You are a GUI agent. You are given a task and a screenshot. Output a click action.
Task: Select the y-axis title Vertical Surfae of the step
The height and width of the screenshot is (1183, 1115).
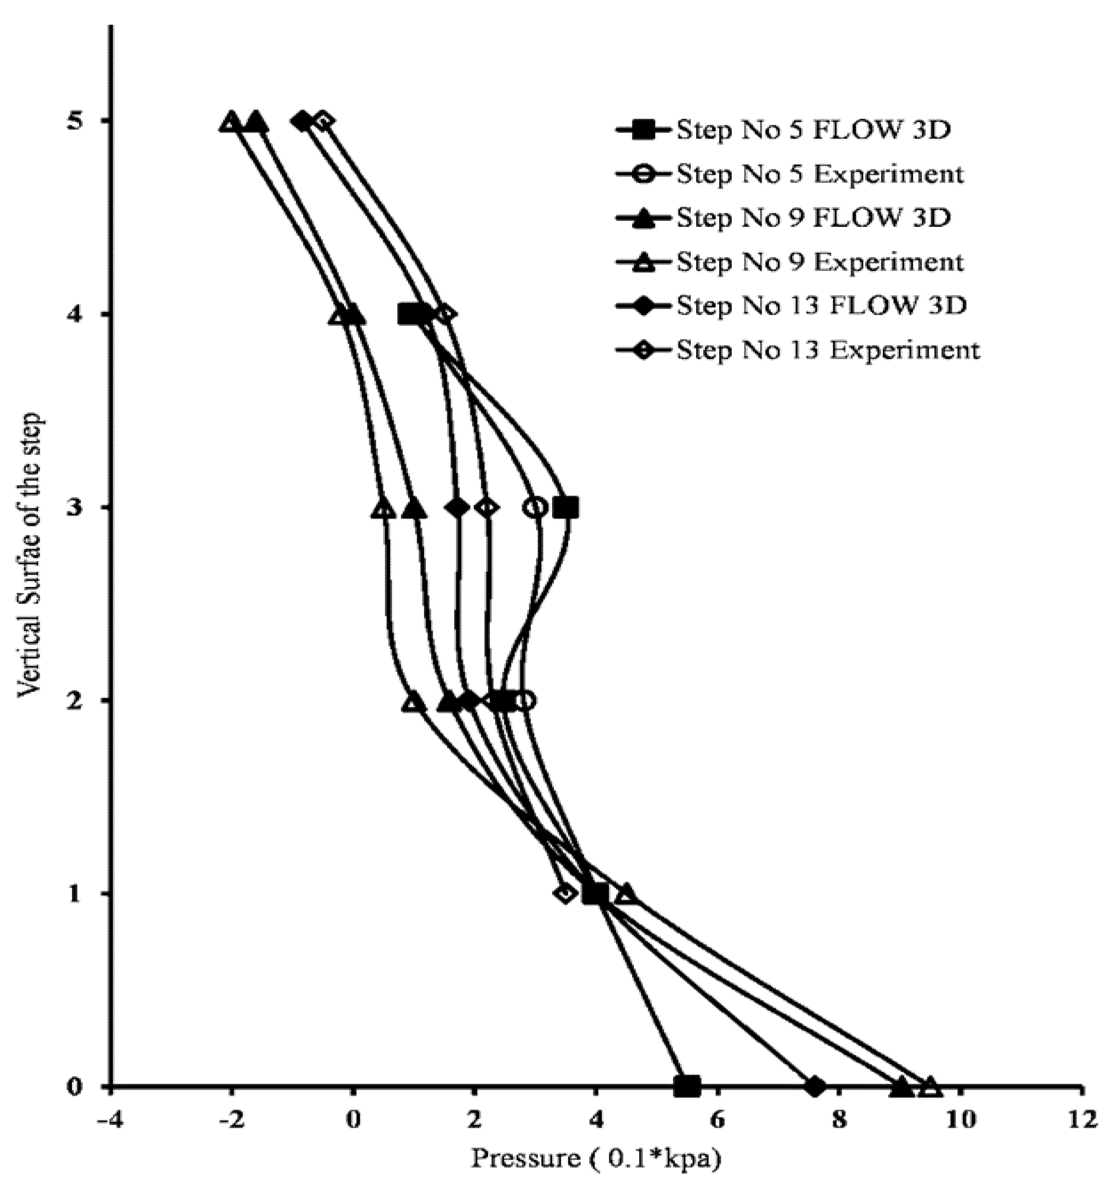pyautogui.click(x=30, y=554)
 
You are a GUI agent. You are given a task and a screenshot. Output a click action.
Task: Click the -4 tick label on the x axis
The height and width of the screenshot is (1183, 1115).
pyautogui.click(x=110, y=1120)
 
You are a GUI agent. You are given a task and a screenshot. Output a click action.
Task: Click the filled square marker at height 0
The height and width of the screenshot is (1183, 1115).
pyautogui.click(x=687, y=1087)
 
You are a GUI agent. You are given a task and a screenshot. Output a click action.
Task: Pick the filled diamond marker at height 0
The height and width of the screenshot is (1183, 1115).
pyautogui.click(x=815, y=1087)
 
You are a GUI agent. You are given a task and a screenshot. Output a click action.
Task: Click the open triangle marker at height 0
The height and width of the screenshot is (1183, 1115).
pyautogui.click(x=931, y=1087)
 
